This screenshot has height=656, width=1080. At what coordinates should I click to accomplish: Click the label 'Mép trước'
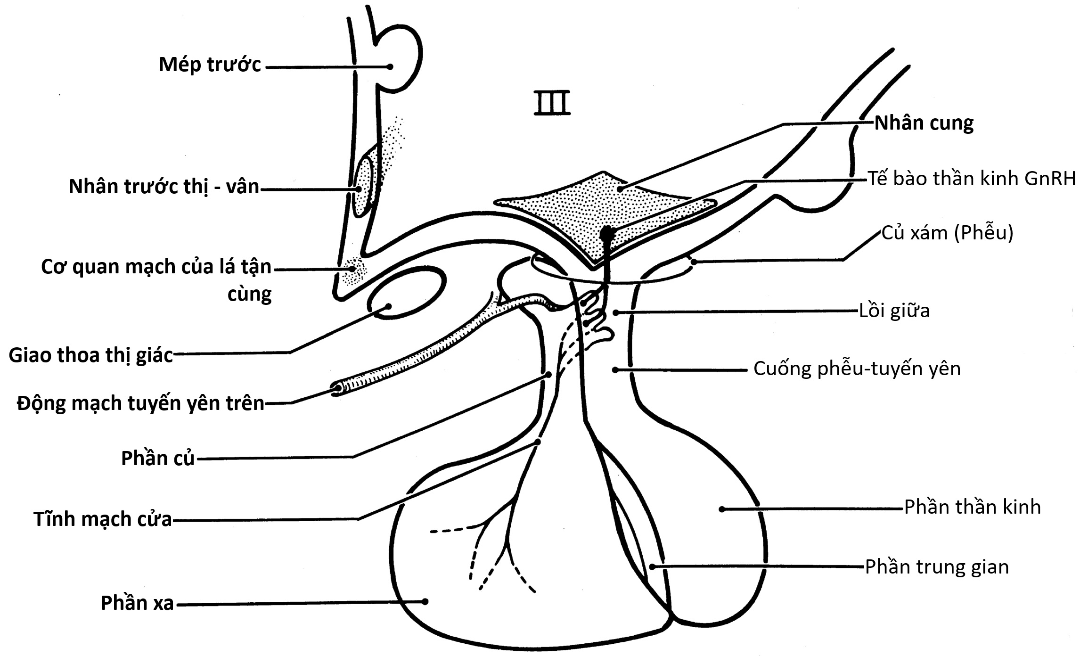[x=209, y=65]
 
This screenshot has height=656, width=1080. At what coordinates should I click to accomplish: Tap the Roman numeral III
[x=552, y=104]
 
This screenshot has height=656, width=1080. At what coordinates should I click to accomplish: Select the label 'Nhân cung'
[x=924, y=123]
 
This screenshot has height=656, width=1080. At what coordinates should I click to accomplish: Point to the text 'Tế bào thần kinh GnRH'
[x=972, y=179]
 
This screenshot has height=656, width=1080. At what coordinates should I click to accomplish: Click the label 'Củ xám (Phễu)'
[x=947, y=233]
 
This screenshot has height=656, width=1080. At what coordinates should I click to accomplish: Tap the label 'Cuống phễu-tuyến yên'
[x=857, y=369]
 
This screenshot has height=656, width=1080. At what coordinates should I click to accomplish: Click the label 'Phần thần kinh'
[x=972, y=508]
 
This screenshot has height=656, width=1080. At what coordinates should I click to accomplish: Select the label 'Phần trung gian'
[x=937, y=567]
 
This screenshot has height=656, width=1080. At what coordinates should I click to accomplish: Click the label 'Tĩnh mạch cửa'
[x=103, y=519]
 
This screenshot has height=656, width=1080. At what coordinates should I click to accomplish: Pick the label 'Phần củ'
[x=157, y=459]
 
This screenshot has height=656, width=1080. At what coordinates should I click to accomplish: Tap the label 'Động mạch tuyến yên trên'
[x=140, y=404]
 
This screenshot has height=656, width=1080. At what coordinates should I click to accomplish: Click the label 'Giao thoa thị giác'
[x=90, y=355]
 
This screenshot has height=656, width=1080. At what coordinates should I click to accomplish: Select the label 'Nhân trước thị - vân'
[x=164, y=187]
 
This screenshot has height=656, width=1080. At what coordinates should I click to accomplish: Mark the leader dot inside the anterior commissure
[x=390, y=67]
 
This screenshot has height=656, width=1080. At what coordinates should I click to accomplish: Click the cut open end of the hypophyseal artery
[x=336, y=389]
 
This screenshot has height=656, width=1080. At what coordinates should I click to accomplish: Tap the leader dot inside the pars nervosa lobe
[x=721, y=509]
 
